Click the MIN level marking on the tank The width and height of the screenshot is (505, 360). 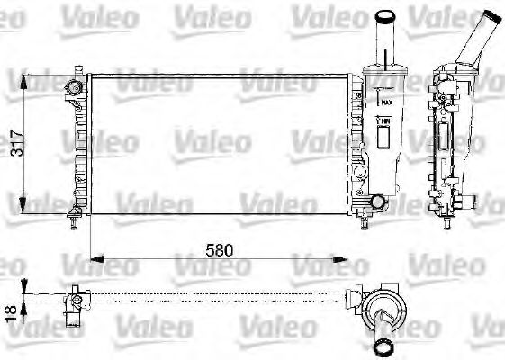click(x=384, y=120)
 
